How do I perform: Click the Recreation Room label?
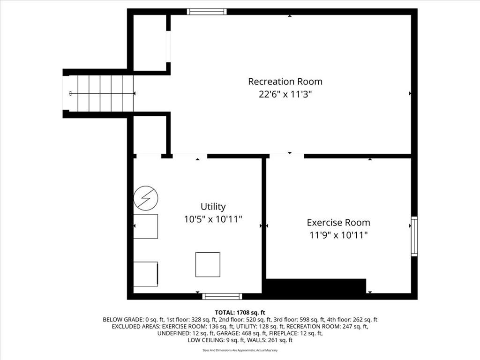(285, 82)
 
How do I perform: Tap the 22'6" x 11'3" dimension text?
(285, 94)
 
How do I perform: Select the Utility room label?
(213, 207)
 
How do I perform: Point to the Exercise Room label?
(338, 222)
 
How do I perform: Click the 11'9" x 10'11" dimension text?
(338, 235)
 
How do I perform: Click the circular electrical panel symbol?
(146, 198)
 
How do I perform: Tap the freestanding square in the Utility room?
(208, 264)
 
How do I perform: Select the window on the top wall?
(207, 12)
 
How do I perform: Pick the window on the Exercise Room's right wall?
(414, 236)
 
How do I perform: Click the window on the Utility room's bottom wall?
(222, 296)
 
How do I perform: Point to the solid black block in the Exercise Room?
(316, 286)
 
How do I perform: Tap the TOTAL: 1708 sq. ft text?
(240, 313)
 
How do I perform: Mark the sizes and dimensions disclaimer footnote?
(240, 350)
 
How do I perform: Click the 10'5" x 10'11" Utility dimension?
(213, 219)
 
